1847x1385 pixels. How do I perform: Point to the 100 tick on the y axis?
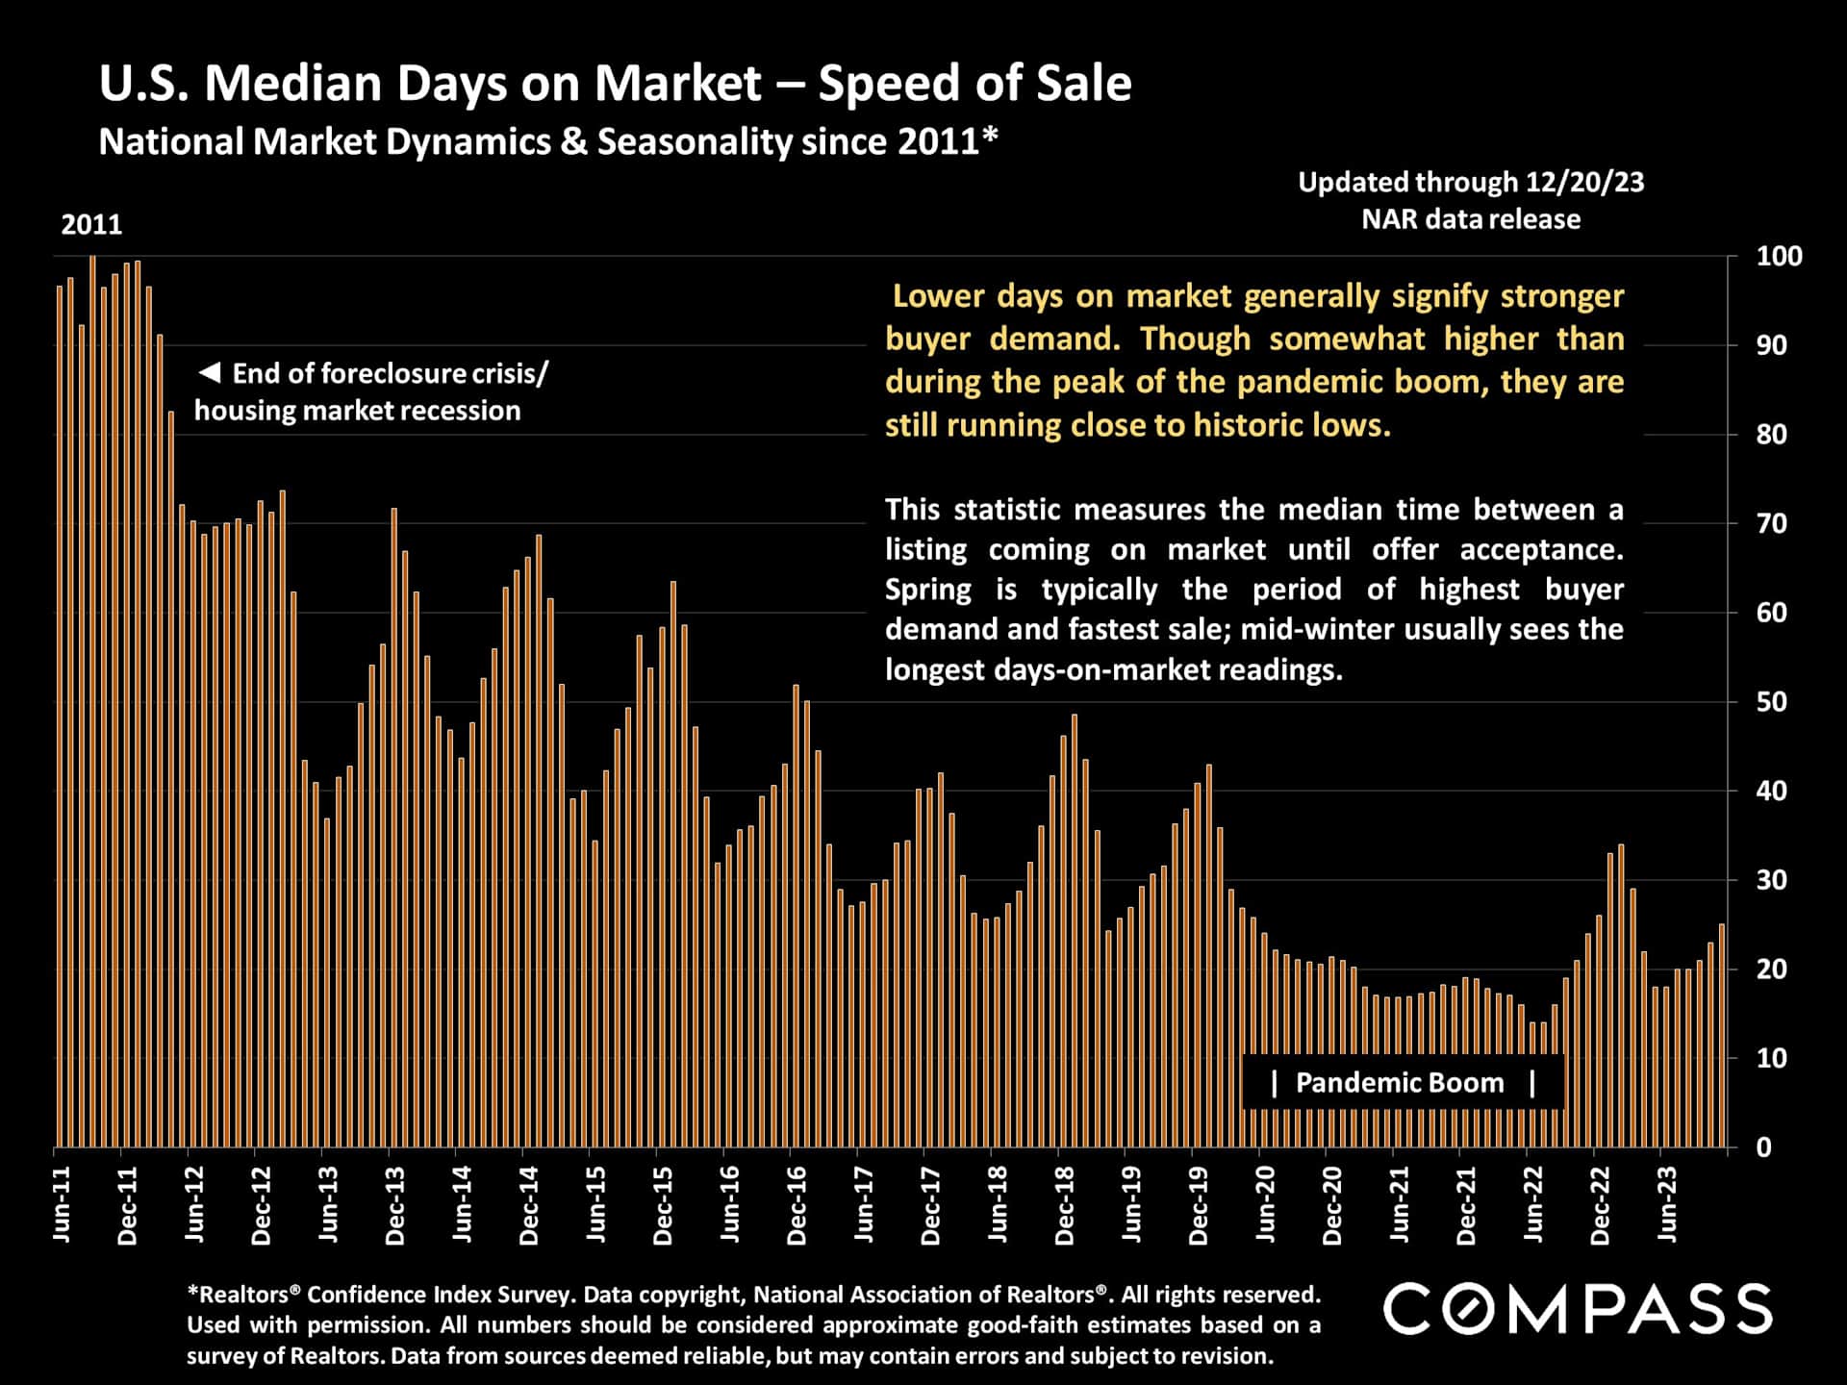[1779, 257]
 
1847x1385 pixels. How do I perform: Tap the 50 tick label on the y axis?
[1771, 702]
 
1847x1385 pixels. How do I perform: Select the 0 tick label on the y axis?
[1763, 1147]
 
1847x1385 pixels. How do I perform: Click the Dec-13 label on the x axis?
[394, 1206]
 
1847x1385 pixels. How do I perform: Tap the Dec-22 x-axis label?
[1599, 1206]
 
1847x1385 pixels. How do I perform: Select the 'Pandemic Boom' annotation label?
[1399, 1083]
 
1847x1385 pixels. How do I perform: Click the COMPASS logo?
[1578, 1310]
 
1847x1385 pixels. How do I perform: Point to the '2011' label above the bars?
[91, 225]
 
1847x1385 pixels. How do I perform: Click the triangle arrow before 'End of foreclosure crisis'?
[210, 372]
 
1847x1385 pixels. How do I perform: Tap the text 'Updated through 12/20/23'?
[1471, 182]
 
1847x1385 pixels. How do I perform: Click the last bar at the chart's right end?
[1722, 1036]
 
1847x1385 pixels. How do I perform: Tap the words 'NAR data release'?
[1471, 219]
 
